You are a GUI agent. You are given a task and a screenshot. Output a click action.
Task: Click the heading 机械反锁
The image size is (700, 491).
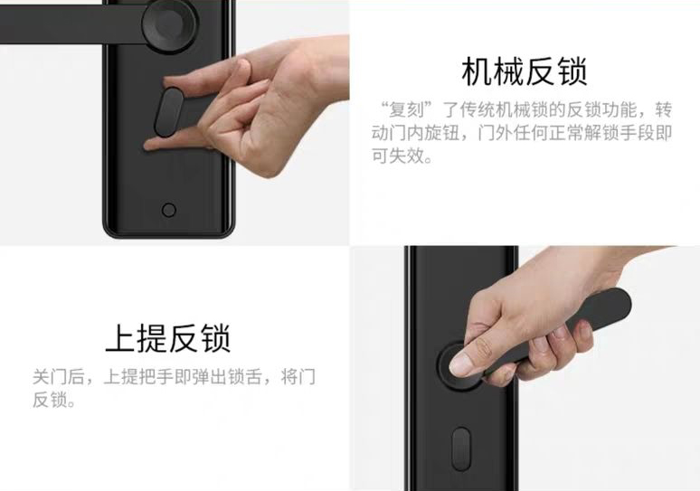pyautogui.click(x=525, y=71)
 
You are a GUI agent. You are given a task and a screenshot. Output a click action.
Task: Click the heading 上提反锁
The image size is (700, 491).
pyautogui.click(x=168, y=339)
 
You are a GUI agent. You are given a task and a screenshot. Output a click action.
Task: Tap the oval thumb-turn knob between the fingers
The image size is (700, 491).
pyautogui.click(x=168, y=112)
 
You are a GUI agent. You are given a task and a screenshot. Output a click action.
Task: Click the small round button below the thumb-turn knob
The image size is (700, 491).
pyautogui.click(x=169, y=210)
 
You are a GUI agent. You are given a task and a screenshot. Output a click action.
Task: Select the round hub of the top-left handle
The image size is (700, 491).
pyautogui.click(x=169, y=23)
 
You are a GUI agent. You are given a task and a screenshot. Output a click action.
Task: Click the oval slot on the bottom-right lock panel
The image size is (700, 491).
pyautogui.click(x=460, y=449)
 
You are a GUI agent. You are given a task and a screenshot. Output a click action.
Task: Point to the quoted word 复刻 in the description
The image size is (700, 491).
pyautogui.click(x=406, y=109)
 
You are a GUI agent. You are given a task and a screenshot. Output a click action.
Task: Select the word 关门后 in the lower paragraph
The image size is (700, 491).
pyautogui.click(x=59, y=376)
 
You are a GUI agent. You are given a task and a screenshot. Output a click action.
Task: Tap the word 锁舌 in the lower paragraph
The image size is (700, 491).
pyautogui.click(x=245, y=376)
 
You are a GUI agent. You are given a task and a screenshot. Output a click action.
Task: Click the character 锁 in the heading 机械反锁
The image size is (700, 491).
pyautogui.click(x=572, y=71)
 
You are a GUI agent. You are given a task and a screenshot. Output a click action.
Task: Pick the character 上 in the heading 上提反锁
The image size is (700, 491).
pyautogui.click(x=120, y=339)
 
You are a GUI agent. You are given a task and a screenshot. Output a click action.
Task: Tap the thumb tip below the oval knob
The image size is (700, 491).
pyautogui.click(x=148, y=145)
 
